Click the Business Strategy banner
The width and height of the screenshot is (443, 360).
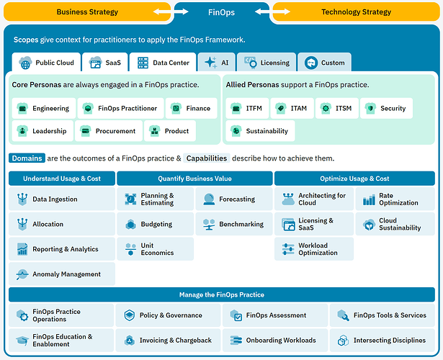(x=86, y=12)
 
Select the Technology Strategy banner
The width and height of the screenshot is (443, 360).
(x=356, y=12)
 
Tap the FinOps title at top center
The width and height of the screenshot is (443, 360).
(x=222, y=12)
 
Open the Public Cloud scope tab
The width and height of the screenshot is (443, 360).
(x=46, y=63)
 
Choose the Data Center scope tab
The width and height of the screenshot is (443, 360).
(x=164, y=63)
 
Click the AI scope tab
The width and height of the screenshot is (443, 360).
(x=217, y=63)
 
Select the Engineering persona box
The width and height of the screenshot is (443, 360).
(x=43, y=108)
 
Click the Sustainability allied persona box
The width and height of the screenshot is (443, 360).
(x=260, y=131)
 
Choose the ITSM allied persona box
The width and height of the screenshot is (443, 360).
(x=336, y=108)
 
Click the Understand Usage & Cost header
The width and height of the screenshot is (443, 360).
(x=61, y=179)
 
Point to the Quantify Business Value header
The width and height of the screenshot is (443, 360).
(x=194, y=179)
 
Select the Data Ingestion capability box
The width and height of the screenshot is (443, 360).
(x=61, y=199)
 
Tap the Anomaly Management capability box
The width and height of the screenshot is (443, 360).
(x=61, y=274)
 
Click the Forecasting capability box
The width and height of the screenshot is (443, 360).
(x=233, y=199)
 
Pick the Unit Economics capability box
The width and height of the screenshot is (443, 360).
(x=155, y=249)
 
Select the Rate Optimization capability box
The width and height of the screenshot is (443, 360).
(x=395, y=199)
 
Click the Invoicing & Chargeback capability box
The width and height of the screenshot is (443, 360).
(x=169, y=340)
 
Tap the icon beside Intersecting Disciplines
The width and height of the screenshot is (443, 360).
(x=343, y=340)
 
